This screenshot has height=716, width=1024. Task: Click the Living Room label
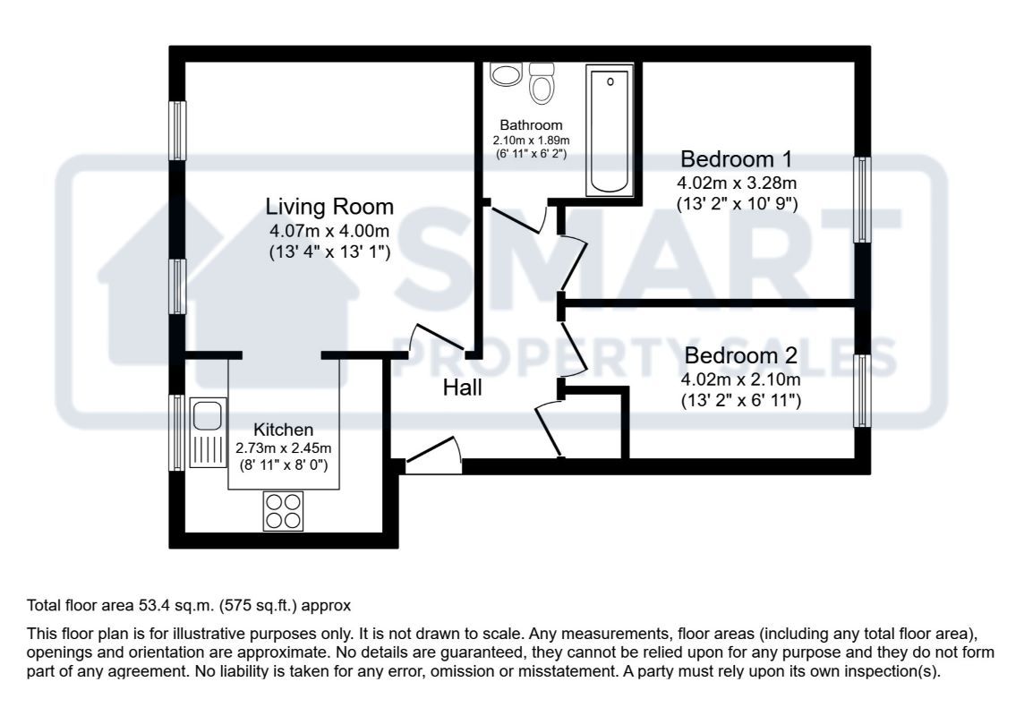tap(329, 207)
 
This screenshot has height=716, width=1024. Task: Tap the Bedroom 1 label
tap(736, 159)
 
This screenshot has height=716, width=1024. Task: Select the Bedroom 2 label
tap(739, 356)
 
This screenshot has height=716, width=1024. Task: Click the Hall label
tap(463, 388)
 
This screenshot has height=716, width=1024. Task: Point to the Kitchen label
tap(283, 430)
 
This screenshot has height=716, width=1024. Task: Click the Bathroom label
tap(531, 125)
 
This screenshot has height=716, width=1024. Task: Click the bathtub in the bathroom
tap(610, 129)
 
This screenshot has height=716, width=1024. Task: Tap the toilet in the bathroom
tap(541, 82)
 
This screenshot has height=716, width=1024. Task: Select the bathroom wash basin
tap(506, 74)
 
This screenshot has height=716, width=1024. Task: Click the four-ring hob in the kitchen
tap(283, 511)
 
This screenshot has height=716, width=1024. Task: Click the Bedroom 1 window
tap(861, 200)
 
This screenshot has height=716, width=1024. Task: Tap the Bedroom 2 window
tap(861, 390)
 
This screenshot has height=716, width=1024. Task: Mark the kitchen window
tap(178, 432)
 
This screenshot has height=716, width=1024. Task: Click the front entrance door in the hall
tap(433, 455)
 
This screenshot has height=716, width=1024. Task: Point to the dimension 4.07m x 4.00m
tap(329, 231)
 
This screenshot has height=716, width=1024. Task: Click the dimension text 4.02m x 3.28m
tap(736, 183)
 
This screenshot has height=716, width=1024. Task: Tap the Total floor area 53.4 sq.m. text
tap(190, 604)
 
